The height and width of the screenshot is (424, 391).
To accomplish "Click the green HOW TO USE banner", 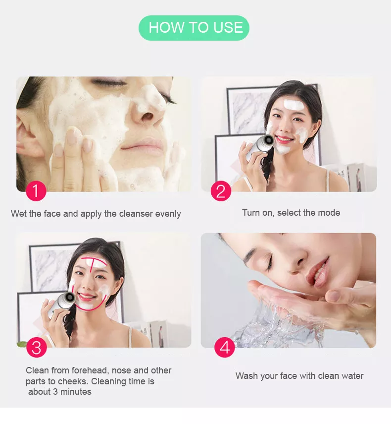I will [x=194, y=28].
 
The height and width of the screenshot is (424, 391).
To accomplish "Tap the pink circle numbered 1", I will [x=36, y=191].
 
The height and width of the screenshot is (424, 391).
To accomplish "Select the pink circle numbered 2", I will [x=221, y=191].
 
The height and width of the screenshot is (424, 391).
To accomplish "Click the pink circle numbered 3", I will [x=36, y=348].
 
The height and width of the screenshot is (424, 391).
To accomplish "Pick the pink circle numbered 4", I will [x=224, y=348].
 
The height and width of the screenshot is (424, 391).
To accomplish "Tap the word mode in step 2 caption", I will [x=330, y=213].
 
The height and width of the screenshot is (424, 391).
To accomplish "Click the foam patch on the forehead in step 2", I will [x=293, y=105].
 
